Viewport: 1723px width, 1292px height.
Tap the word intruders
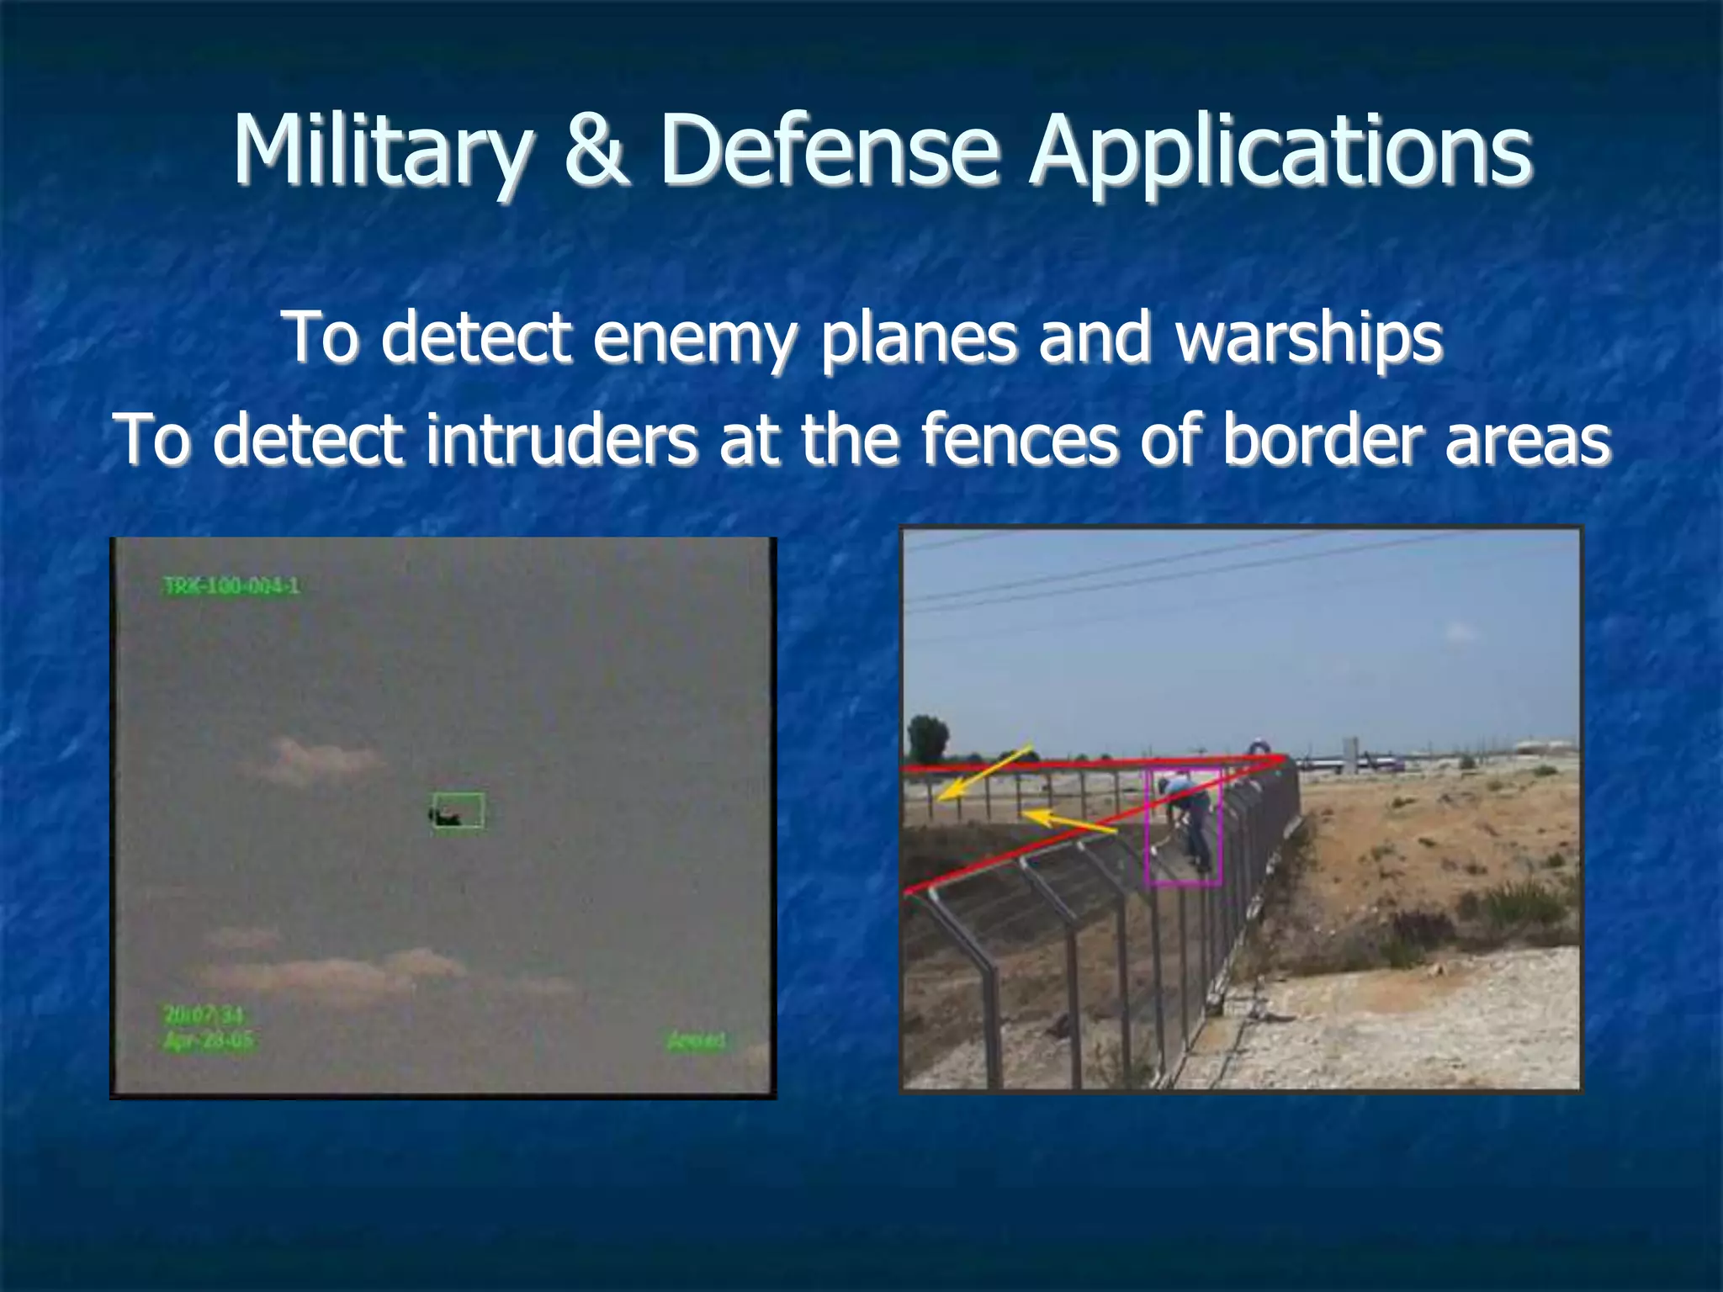point(560,439)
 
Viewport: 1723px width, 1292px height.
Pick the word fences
point(1019,439)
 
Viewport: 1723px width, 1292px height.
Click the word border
point(1322,439)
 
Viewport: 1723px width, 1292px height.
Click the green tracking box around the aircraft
point(459,811)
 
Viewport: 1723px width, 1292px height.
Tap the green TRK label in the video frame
point(231,586)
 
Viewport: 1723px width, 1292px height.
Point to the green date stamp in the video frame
point(207,1041)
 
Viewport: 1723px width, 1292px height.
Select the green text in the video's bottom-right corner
point(695,1041)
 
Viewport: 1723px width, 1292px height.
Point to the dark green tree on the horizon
point(927,738)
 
